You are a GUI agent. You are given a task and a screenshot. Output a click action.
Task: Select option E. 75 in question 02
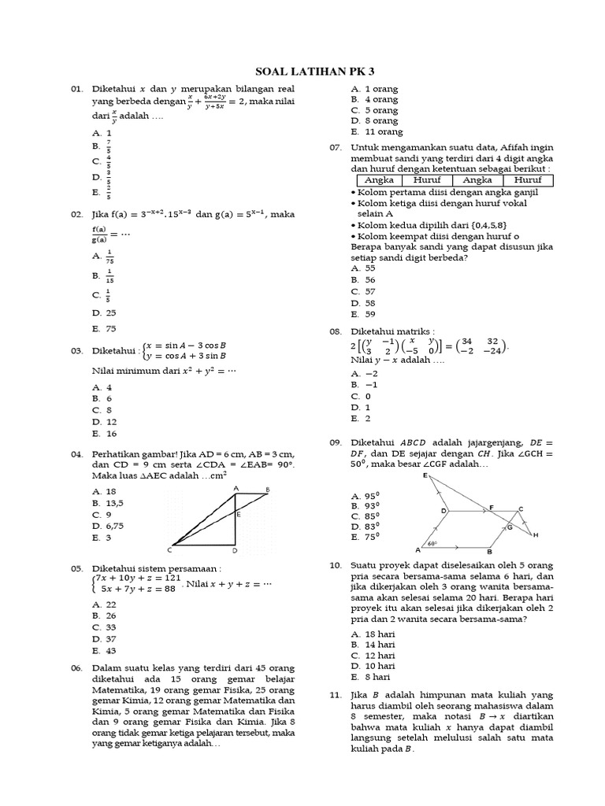pos(104,328)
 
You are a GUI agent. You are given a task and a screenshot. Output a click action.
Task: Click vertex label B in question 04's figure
pos(267,490)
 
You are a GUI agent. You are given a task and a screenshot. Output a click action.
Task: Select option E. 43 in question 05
pos(104,651)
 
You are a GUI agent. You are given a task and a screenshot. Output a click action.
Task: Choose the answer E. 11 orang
pos(377,132)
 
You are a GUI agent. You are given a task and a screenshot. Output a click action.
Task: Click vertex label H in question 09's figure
pos(536,535)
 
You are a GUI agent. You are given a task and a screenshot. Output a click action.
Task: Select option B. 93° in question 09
pos(366,505)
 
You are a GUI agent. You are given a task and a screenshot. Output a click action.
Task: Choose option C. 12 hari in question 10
pos(373,655)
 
